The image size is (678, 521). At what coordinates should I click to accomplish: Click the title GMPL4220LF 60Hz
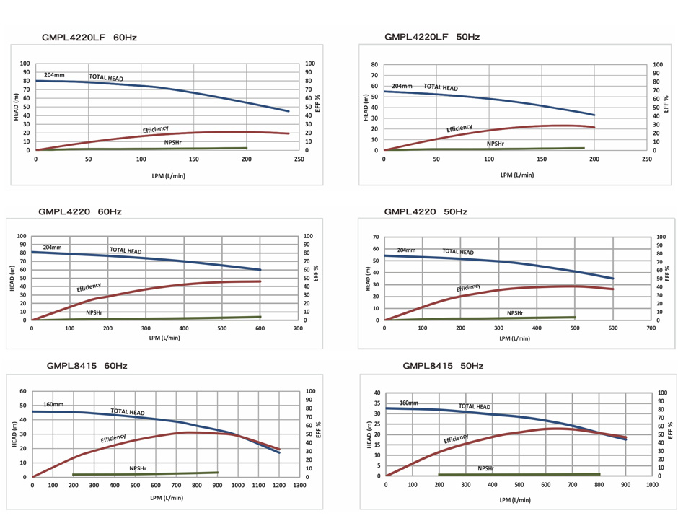point(90,37)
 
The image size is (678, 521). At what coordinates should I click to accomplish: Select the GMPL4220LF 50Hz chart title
point(432,37)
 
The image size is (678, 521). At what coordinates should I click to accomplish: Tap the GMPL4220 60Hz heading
point(79,211)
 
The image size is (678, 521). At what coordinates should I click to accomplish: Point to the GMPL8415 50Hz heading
point(443,366)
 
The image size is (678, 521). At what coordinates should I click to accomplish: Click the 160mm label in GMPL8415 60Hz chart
point(53,404)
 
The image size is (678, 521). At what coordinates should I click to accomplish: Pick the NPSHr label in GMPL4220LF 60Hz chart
point(173,142)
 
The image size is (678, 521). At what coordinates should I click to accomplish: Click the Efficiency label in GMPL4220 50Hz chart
point(468,288)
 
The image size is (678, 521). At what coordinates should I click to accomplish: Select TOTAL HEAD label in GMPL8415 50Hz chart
point(474,407)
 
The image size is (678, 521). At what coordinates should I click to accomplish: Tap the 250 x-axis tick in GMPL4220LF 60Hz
point(299,159)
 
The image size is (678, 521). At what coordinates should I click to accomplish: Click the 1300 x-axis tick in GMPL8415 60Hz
point(299,486)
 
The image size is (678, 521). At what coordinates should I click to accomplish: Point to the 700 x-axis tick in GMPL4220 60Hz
point(299,328)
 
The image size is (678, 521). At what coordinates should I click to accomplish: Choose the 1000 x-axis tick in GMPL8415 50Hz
point(651,485)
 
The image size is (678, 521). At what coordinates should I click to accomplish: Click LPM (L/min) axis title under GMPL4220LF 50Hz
point(516,175)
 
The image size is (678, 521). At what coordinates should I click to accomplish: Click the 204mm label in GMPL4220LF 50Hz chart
point(402,86)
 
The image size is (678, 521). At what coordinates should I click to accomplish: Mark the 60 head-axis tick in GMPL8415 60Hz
point(23,391)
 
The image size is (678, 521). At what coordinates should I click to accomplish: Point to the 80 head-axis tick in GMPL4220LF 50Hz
point(374,64)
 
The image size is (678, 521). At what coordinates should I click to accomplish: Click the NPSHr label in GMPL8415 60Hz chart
point(138,468)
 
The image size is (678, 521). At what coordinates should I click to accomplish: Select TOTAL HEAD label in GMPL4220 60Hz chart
point(126,250)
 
